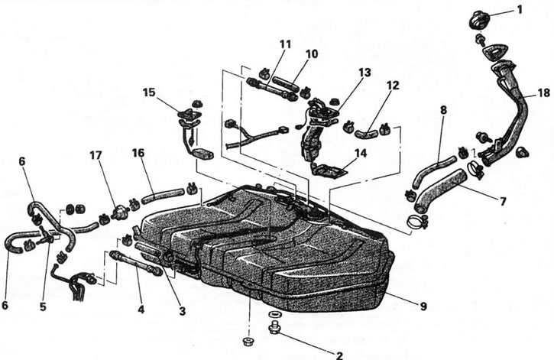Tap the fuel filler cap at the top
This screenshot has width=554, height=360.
coord(481,18)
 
